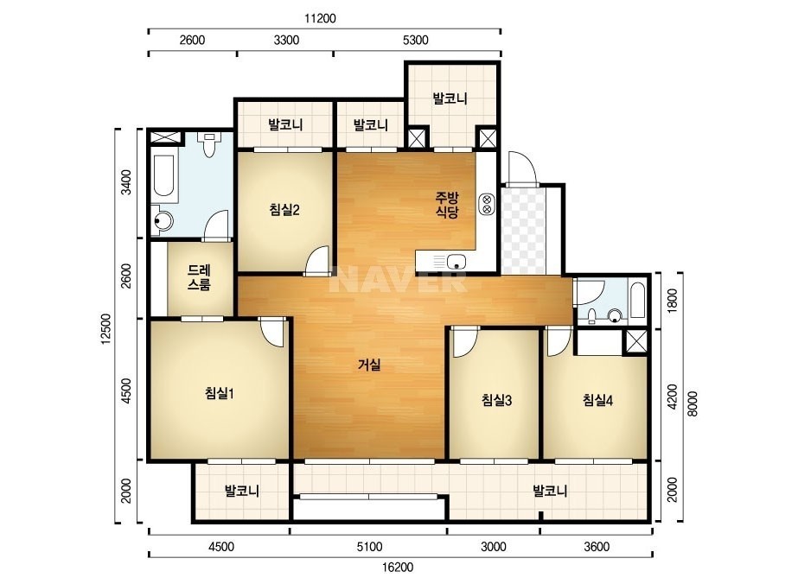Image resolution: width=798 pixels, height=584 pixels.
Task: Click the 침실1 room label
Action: click(x=220, y=393)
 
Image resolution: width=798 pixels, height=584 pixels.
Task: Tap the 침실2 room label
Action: click(x=284, y=210)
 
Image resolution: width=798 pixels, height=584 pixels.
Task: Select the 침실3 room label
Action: click(x=496, y=400)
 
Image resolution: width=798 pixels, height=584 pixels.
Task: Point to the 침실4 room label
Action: click(x=597, y=400)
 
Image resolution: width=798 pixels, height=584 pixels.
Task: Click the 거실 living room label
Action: click(x=369, y=365)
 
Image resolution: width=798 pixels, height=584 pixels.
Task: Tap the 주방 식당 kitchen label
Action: click(x=447, y=205)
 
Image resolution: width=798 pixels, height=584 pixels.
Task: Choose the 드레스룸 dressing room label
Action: click(x=199, y=277)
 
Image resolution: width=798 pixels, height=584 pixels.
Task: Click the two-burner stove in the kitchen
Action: click(x=487, y=204)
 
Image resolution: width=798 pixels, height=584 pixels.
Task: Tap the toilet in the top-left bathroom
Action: click(x=208, y=144)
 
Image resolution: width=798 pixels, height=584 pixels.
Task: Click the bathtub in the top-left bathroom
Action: click(x=164, y=175)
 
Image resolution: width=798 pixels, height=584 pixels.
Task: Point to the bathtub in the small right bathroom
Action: click(x=637, y=300)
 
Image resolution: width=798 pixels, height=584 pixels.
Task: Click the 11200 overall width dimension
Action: click(x=320, y=19)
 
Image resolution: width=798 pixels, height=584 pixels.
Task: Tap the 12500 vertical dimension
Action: click(x=105, y=328)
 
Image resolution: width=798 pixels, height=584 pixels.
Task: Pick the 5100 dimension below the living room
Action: click(x=369, y=547)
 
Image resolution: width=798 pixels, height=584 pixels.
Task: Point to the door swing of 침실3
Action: click(x=464, y=343)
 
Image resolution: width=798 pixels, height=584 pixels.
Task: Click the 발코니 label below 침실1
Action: click(x=242, y=491)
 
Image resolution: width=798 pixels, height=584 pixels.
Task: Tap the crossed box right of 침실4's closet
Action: click(x=635, y=341)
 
